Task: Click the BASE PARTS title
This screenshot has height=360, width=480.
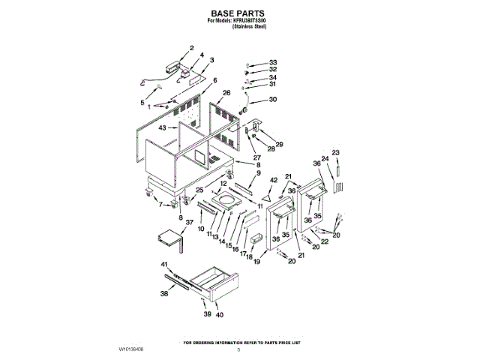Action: click(x=238, y=13)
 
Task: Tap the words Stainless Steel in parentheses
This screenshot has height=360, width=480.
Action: click(x=249, y=26)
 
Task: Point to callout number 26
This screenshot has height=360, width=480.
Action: click(x=226, y=92)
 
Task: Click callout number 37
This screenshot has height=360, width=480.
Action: click(x=189, y=223)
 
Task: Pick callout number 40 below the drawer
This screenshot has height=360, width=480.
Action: click(x=219, y=315)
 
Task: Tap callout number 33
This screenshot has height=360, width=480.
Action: click(x=273, y=62)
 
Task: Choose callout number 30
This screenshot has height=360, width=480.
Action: click(x=273, y=100)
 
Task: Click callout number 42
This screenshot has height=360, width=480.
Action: click(x=274, y=179)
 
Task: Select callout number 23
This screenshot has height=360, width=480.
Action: click(x=335, y=152)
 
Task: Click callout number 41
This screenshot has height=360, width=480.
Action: click(x=164, y=265)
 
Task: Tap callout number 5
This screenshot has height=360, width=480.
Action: click(x=142, y=102)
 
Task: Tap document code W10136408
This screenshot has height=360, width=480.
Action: click(x=130, y=349)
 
